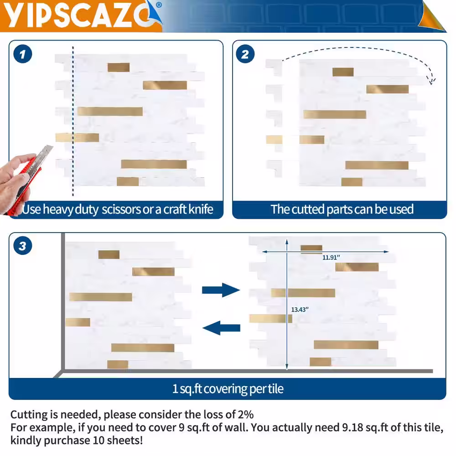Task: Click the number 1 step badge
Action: (23, 54)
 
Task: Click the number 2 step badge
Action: (245, 54)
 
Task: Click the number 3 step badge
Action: (23, 246)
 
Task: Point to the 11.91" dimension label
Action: (331, 257)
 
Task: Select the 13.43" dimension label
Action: (300, 310)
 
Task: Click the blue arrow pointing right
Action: (221, 290)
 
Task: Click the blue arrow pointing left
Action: (221, 328)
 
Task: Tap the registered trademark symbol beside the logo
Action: (159, 5)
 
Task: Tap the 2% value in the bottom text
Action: (246, 415)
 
